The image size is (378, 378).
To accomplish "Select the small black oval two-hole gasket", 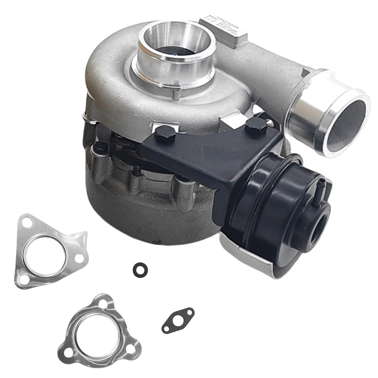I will point(178,320).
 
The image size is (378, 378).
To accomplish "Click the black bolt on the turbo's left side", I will point(99,146).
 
